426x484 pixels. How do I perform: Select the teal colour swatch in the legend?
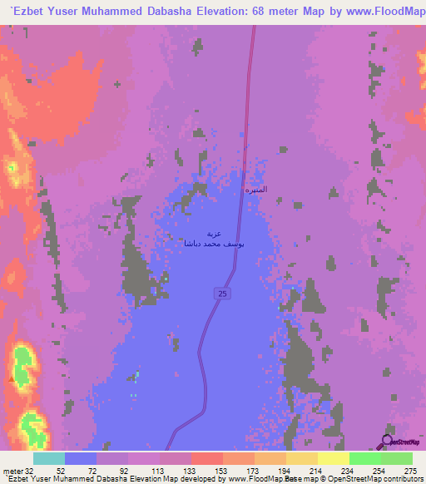pyautogui.click(x=49, y=458)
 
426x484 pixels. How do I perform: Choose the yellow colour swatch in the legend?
pyautogui.click(x=333, y=458)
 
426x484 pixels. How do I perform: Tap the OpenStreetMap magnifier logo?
pyautogui.click(x=388, y=442)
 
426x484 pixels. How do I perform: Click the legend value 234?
pyautogui.click(x=349, y=471)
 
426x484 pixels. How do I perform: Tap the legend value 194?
pyautogui.click(x=285, y=471)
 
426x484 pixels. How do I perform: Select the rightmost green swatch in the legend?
pyautogui.click(x=396, y=458)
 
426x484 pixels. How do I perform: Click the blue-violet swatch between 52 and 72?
pyautogui.click(x=81, y=458)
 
